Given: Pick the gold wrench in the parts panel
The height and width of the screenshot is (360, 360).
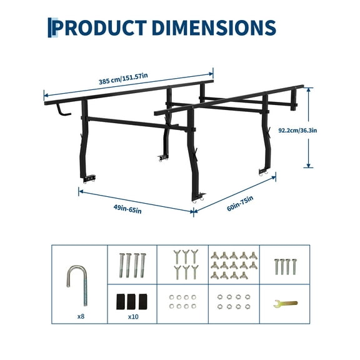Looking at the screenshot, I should pos(286,303).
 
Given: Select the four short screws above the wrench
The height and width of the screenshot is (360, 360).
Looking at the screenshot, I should pos(284,266).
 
